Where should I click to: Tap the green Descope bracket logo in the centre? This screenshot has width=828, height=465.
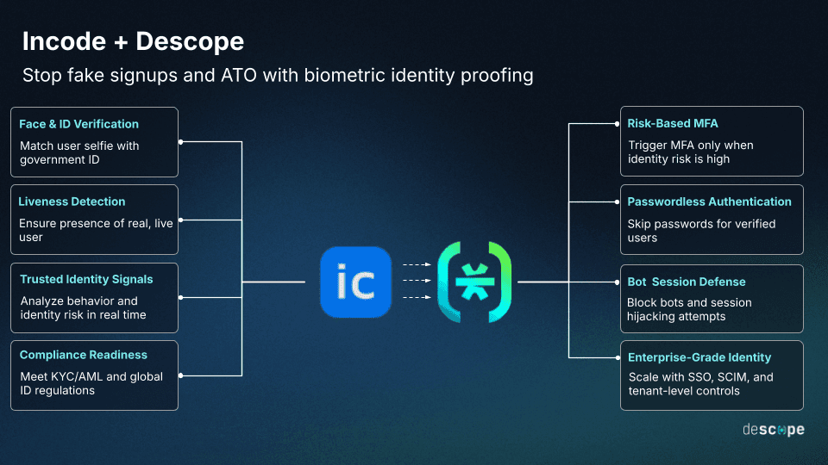tap(474, 282)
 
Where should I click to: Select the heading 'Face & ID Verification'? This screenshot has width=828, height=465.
tap(78, 124)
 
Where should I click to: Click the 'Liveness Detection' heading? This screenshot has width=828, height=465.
tap(72, 201)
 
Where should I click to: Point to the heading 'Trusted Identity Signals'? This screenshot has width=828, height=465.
tap(86, 279)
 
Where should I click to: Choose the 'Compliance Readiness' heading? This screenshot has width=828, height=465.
tap(84, 355)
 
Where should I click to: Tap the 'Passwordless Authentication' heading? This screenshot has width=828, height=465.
tap(709, 201)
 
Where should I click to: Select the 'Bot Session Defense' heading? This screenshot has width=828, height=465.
tap(687, 282)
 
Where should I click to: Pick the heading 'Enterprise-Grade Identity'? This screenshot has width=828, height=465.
tap(699, 357)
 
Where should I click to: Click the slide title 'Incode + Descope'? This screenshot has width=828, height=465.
tap(133, 41)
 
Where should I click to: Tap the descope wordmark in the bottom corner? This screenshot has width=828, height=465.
tap(773, 429)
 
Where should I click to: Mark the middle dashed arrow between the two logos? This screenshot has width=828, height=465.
tap(417, 281)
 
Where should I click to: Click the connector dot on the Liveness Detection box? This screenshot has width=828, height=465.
tap(180, 220)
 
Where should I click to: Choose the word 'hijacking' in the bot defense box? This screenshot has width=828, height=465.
tap(652, 316)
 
